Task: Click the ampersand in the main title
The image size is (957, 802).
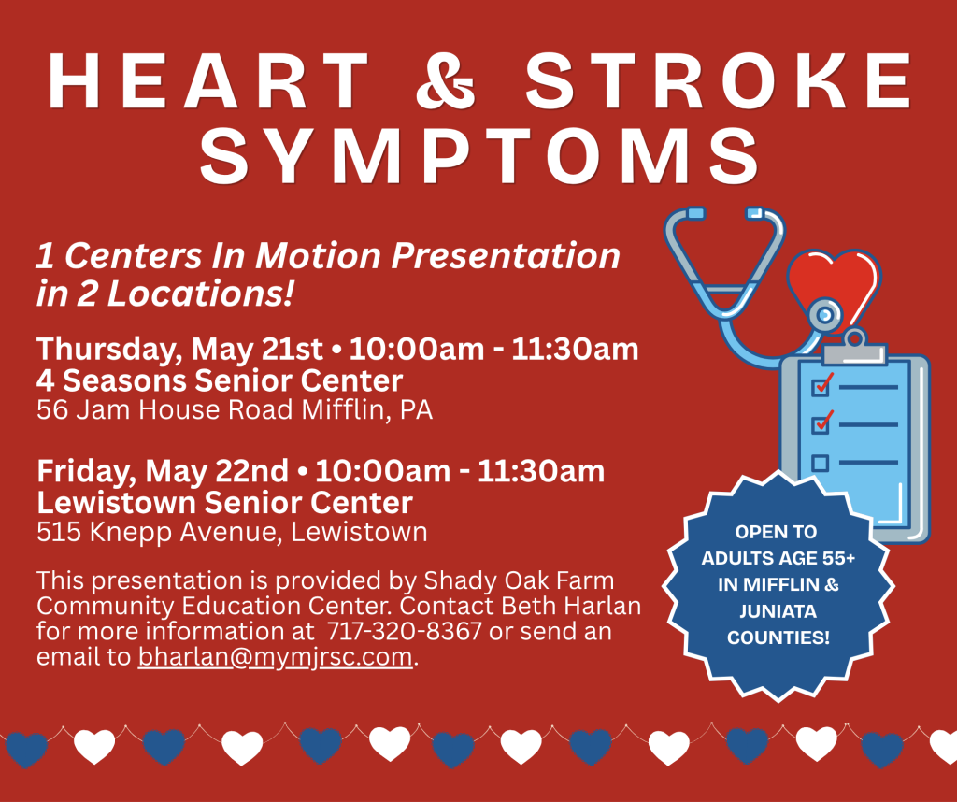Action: coord(446,80)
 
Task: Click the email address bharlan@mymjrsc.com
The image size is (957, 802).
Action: coord(276,657)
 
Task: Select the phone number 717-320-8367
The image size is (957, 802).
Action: coord(405,631)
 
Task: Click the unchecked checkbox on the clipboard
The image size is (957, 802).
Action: coord(820,463)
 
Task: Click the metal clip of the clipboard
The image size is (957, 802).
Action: coord(854,350)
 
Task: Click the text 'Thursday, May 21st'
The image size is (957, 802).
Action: coord(179,349)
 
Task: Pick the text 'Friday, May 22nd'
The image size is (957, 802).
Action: coord(163,471)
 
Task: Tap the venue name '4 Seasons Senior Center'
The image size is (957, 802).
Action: coord(220,380)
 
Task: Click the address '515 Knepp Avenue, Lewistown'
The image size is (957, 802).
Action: coord(232,532)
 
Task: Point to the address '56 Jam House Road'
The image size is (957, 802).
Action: coord(164,409)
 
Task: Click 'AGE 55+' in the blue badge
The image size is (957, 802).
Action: coord(816,558)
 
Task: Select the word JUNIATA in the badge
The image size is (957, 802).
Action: coord(778,611)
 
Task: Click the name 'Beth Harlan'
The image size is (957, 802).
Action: coord(571,606)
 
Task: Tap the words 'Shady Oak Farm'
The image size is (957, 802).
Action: coord(519,580)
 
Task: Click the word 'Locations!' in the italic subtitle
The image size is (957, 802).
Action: coord(200,294)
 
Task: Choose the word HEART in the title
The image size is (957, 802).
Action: coord(208,80)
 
